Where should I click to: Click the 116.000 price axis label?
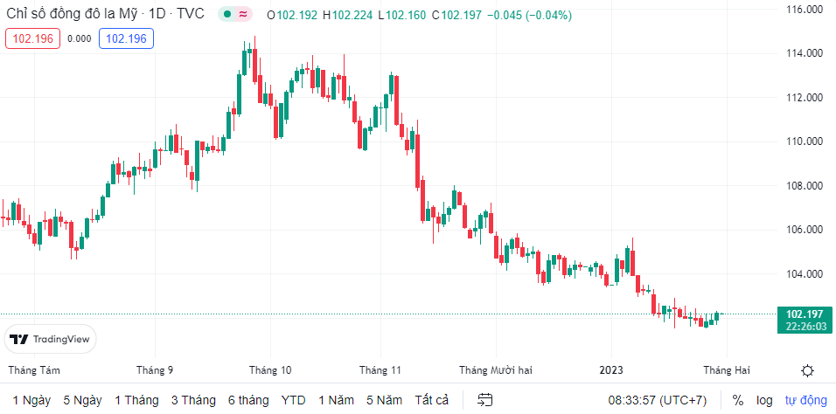point(804,10)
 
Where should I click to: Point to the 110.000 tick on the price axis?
point(804,141)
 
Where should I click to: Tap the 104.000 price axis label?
point(804,274)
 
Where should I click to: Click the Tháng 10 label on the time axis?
point(269,369)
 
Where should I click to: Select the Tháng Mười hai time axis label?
point(496,369)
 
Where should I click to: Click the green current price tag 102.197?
point(803,320)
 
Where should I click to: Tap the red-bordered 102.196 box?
point(32,38)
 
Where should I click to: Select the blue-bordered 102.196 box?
point(127,38)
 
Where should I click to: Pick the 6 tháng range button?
point(248,400)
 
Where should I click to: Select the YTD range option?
point(293,400)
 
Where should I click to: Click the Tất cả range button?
point(431,400)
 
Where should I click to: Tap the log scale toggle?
point(764,400)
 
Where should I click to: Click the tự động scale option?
point(805,400)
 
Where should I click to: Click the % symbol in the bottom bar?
point(738,400)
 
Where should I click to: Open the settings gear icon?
point(808,370)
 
